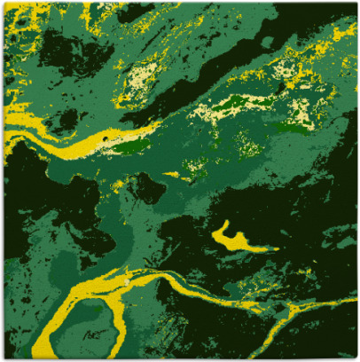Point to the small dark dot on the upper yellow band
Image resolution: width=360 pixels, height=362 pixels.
106,139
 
